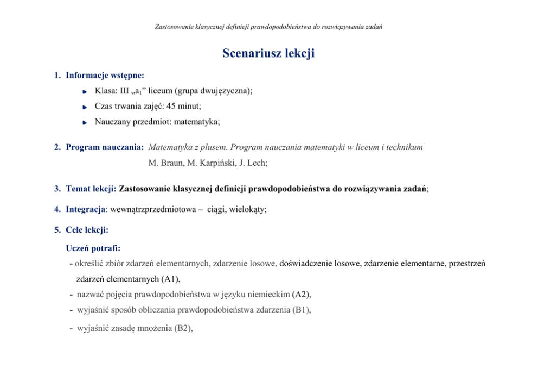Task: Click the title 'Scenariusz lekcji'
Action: tap(268, 53)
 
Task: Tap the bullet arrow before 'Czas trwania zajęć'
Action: tap(85, 107)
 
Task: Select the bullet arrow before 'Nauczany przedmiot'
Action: tap(85, 123)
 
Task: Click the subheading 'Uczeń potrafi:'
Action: tap(93, 248)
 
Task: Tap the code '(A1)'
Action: tap(170, 279)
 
